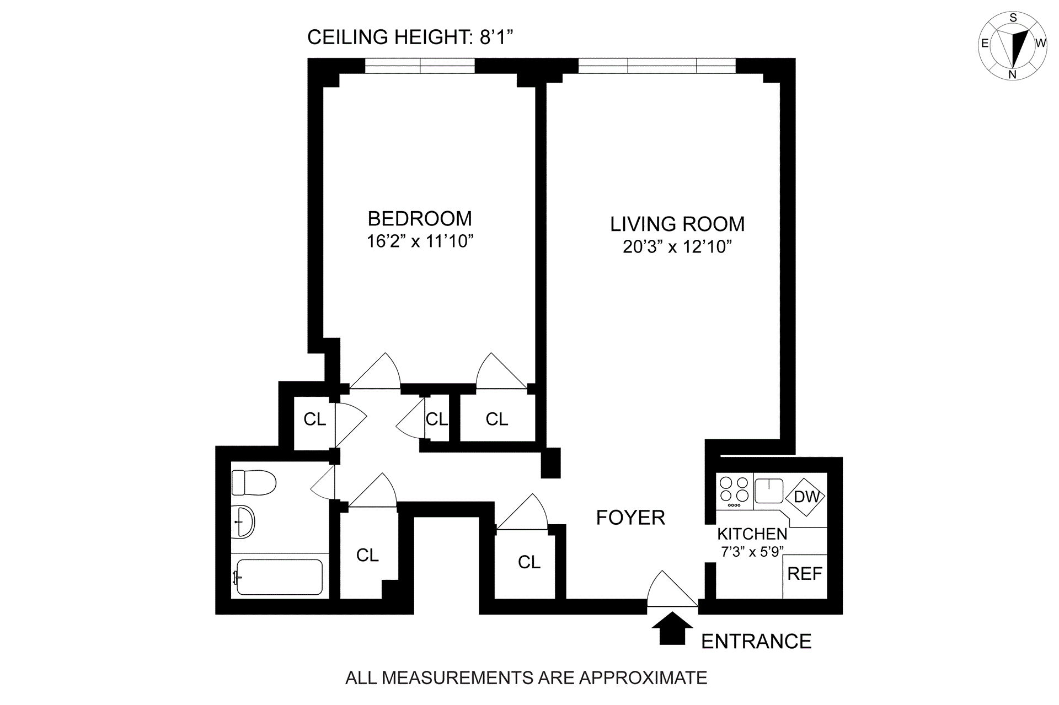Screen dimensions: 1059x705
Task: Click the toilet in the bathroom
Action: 253,482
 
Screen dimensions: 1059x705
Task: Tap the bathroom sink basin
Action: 243,521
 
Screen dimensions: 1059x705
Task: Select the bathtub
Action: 279,577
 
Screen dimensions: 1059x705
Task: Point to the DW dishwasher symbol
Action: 806,497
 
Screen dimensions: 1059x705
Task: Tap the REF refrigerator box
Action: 805,576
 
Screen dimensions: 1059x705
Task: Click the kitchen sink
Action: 769,491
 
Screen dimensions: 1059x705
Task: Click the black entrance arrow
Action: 672,628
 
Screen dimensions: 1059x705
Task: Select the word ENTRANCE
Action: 756,641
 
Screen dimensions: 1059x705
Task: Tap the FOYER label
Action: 630,518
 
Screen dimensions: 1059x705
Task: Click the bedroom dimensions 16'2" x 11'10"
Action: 420,241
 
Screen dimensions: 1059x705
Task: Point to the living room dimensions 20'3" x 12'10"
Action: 677,246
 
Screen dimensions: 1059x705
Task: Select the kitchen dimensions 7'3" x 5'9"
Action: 753,551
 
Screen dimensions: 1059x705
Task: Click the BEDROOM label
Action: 420,218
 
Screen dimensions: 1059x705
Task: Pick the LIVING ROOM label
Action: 677,224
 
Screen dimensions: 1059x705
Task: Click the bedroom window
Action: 420,66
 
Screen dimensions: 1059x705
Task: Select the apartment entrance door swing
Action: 672,589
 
